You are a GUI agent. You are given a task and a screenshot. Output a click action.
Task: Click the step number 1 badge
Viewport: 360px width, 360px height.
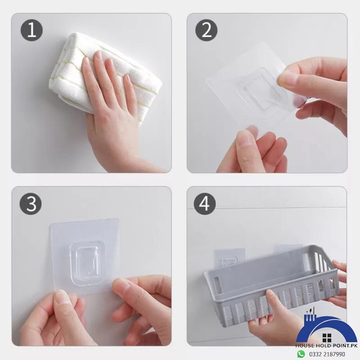31,31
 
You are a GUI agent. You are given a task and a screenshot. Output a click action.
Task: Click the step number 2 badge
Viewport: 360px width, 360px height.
206,31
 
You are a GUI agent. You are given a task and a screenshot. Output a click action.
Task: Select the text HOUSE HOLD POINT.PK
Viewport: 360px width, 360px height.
326,346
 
